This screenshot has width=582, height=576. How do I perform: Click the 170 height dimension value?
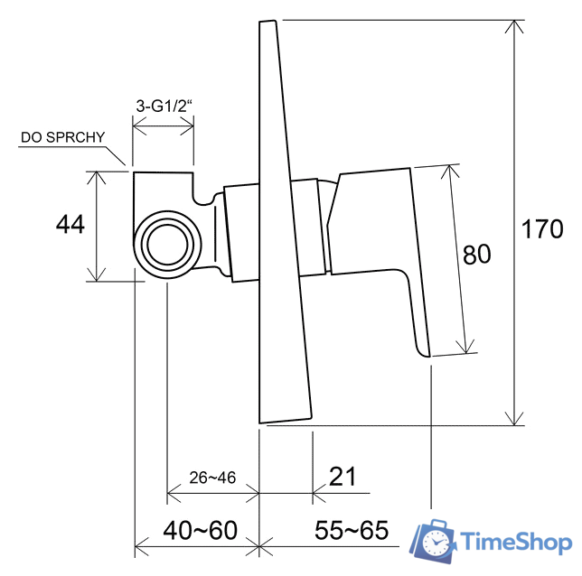click(x=542, y=228)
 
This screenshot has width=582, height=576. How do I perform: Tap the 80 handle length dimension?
click(x=476, y=255)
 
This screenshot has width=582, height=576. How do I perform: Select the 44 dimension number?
click(x=70, y=224)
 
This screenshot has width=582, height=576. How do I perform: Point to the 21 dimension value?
click(x=343, y=476)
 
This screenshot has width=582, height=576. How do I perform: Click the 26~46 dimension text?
click(x=212, y=478)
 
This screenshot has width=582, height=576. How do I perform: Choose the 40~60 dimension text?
click(x=200, y=530)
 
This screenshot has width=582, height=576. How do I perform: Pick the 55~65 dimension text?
click(x=352, y=530)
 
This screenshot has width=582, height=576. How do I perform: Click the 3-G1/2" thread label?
click(x=164, y=106)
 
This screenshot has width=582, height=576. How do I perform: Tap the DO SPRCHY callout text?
click(x=63, y=137)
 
